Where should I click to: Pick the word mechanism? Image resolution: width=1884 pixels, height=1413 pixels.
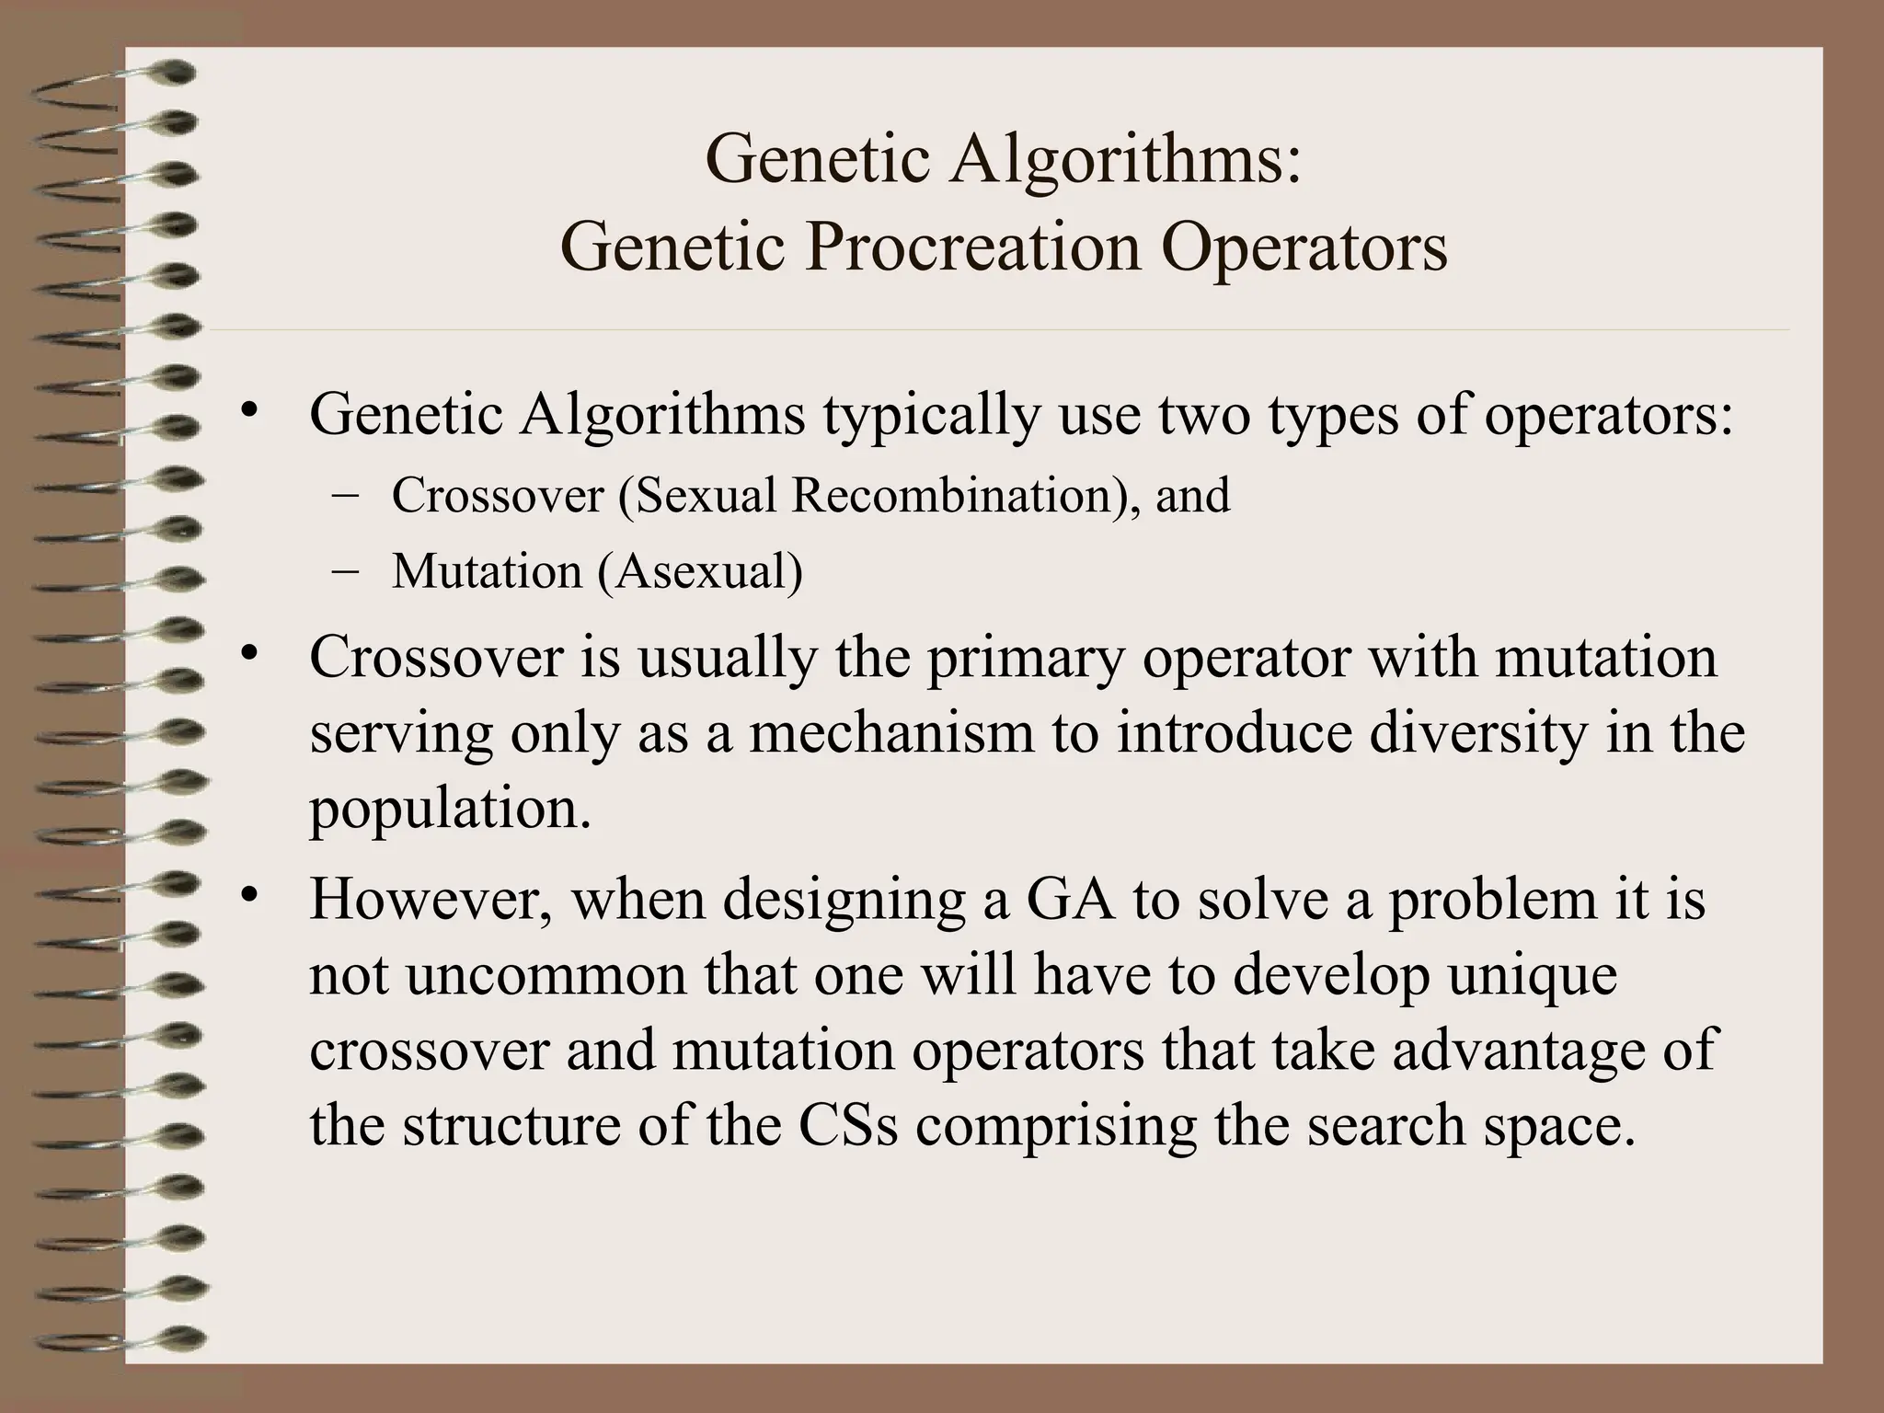click(890, 734)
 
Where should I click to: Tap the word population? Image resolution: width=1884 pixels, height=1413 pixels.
click(449, 810)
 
